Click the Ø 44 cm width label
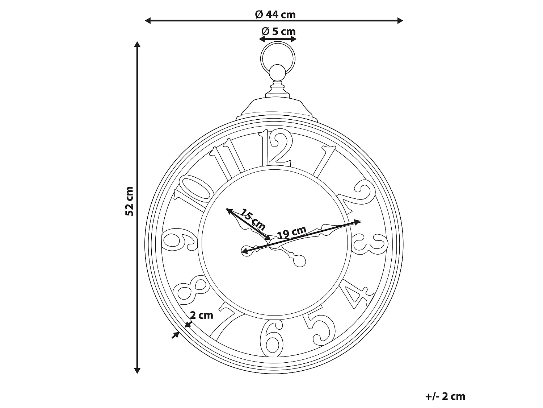[x=275, y=15]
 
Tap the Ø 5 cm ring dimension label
[x=278, y=32]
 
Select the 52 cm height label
[x=129, y=201]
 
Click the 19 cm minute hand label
[x=292, y=232]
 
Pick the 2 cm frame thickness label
[x=202, y=315]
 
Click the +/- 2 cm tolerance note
[x=445, y=396]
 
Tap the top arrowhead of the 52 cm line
[x=137, y=44]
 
